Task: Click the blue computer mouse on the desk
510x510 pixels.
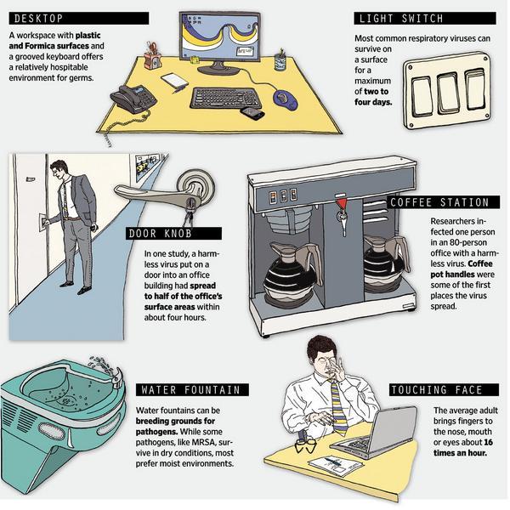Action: pyautogui.click(x=286, y=99)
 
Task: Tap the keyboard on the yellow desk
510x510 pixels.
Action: pyautogui.click(x=225, y=98)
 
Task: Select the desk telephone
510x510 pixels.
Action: pyautogui.click(x=133, y=99)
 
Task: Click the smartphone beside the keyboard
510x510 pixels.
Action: pyautogui.click(x=252, y=113)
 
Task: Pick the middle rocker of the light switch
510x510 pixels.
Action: pyautogui.click(x=449, y=93)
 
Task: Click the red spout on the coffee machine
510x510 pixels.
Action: pyautogui.click(x=341, y=204)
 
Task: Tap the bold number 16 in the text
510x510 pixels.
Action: pyautogui.click(x=488, y=442)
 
